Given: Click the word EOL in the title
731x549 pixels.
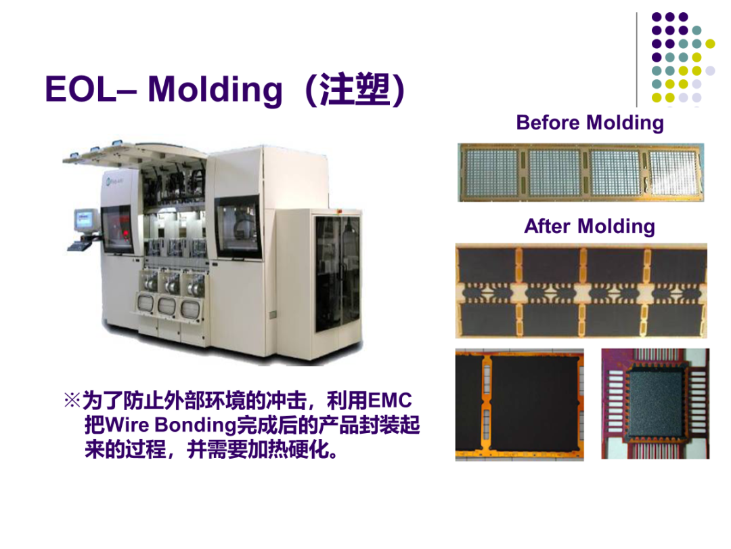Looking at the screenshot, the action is pos(80,89).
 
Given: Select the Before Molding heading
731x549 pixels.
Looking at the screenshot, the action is pos(590,123).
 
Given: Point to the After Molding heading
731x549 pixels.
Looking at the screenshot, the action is pos(590,227).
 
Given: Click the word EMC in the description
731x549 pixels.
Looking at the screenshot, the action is pos(390,401).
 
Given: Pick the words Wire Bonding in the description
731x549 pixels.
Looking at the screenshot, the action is pos(171,425).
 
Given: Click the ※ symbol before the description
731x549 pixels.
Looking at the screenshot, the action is pos(72,401).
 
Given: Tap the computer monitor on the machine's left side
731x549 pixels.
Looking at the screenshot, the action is pos(86,220).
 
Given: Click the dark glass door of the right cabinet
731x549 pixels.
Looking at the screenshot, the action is pos(336,273).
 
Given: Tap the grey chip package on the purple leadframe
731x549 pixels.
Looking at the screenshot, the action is pos(655,402).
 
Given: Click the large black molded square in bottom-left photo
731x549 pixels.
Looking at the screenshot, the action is pos(533,403).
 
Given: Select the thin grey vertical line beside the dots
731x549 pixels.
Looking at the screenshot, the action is pos(637,60).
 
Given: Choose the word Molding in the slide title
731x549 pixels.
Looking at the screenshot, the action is pos(215,89).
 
